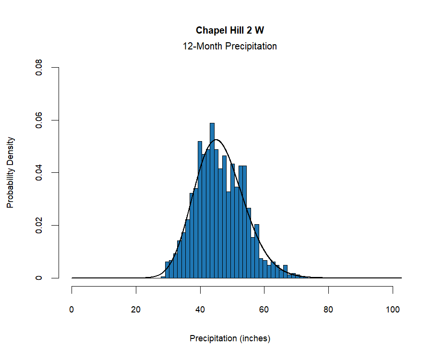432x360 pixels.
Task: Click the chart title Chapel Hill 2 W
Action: [x=229, y=30]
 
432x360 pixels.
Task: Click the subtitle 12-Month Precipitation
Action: [x=229, y=47]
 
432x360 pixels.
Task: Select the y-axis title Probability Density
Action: [x=11, y=172]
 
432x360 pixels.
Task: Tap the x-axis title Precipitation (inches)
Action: [x=230, y=338]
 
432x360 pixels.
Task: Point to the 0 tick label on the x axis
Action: [x=72, y=310]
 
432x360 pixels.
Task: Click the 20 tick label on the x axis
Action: [x=136, y=310]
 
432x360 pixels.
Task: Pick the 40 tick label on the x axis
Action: [x=200, y=310]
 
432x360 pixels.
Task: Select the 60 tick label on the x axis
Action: [x=264, y=310]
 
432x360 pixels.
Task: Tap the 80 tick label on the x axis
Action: [x=328, y=310]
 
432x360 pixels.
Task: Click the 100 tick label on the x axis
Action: [x=393, y=310]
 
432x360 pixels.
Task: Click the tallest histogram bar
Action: [x=212, y=202]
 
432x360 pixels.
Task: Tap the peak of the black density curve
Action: [x=216, y=140]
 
